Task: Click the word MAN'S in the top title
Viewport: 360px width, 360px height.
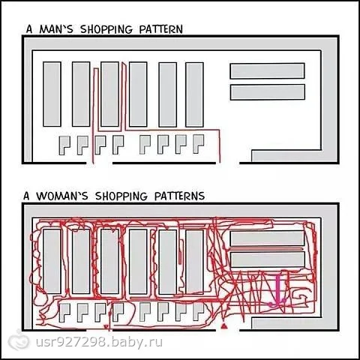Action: (x=56, y=29)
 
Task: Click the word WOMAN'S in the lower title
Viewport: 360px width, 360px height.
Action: (x=62, y=196)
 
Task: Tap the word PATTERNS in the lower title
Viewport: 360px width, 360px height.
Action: (x=179, y=196)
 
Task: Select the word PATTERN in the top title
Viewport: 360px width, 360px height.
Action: (x=161, y=29)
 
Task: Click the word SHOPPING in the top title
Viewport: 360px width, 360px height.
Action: (x=106, y=29)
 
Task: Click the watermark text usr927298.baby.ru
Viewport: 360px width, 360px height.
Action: (x=99, y=342)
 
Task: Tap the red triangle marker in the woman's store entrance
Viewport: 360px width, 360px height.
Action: (x=223, y=325)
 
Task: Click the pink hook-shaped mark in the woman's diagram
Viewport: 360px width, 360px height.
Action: (x=277, y=291)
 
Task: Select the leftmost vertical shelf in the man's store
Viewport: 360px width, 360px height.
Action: (x=52, y=94)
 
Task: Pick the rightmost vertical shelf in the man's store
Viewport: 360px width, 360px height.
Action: (x=194, y=94)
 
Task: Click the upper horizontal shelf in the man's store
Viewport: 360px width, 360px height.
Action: (x=267, y=71)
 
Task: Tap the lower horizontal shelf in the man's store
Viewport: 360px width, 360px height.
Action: (x=267, y=92)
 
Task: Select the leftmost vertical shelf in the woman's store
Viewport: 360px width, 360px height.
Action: (x=52, y=261)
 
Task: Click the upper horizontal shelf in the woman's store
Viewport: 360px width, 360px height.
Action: (x=267, y=238)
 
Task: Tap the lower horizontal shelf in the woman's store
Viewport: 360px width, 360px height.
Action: (x=267, y=259)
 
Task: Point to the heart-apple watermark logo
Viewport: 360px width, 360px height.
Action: (x=19, y=341)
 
